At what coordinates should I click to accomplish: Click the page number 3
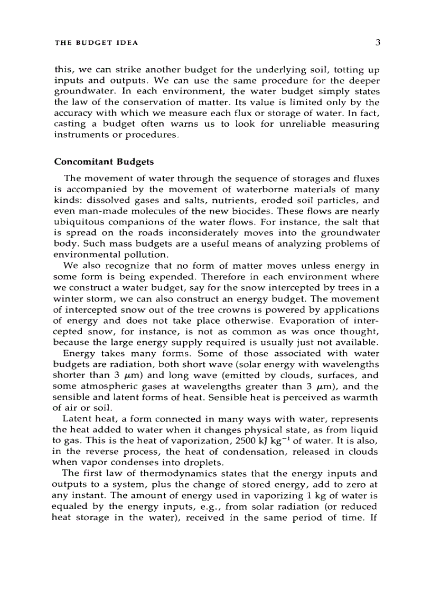tap(378, 43)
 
